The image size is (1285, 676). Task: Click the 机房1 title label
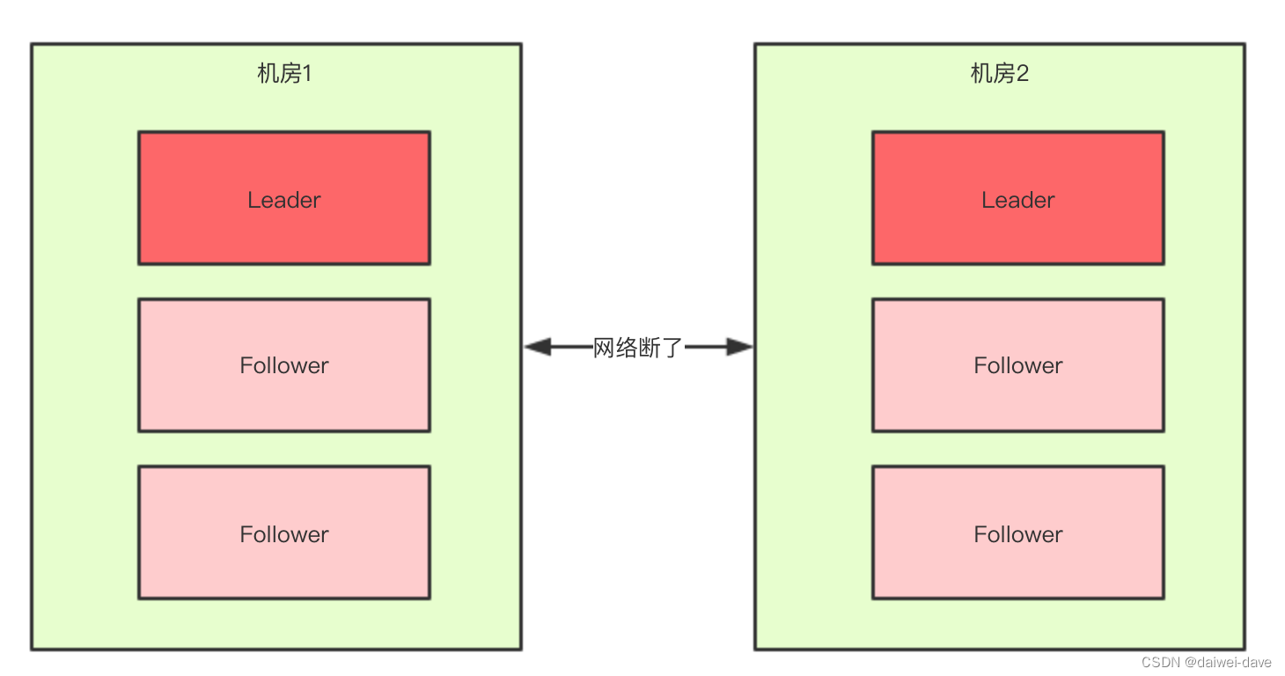click(x=284, y=74)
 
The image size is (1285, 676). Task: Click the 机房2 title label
click(x=999, y=74)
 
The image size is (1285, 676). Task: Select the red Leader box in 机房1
click(x=284, y=198)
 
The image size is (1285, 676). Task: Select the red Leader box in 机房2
click(x=1017, y=198)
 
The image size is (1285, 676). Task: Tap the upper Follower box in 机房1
click(x=284, y=365)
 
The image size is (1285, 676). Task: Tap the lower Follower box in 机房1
click(x=284, y=533)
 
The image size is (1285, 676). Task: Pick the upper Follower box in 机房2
click(x=1017, y=365)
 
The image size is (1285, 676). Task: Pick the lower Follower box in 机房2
click(x=1017, y=533)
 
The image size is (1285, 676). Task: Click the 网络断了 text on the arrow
click(x=638, y=348)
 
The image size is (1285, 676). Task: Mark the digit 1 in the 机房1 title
click(x=307, y=74)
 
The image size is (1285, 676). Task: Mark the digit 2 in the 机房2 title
click(x=1023, y=74)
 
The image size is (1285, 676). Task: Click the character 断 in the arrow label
click(x=650, y=348)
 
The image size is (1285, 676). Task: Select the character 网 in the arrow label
click(x=604, y=348)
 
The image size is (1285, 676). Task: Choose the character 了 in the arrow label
click(x=673, y=348)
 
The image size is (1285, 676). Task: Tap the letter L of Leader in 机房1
click(x=253, y=200)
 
